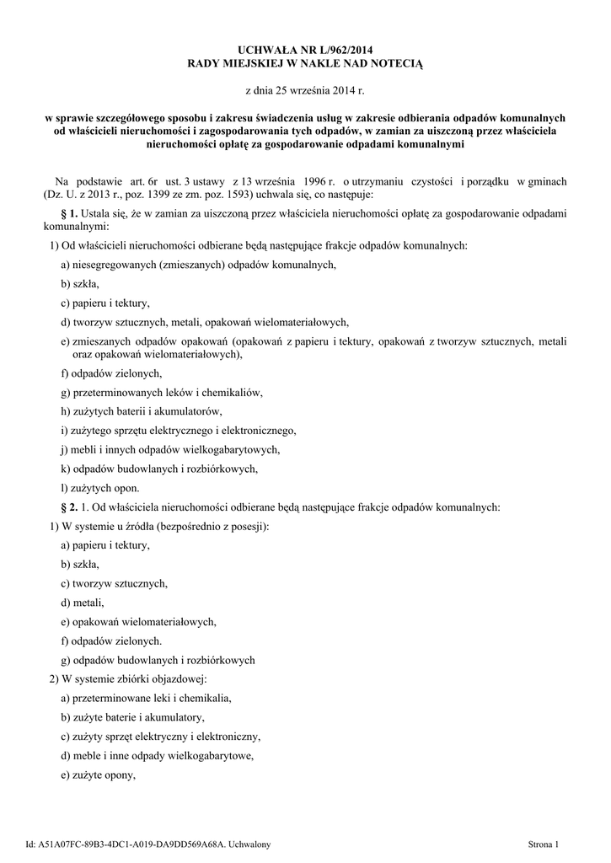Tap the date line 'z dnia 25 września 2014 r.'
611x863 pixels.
[305, 89]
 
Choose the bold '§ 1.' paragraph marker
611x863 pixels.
[70, 214]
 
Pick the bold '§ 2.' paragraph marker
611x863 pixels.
[70, 507]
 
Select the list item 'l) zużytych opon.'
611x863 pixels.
[99, 487]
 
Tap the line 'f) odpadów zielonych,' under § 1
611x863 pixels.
[110, 373]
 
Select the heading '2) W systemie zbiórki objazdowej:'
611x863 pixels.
[128, 679]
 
